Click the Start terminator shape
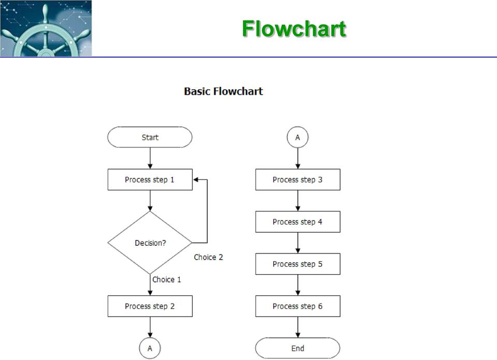click(150, 137)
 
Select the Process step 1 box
click(150, 179)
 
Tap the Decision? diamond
click(150, 243)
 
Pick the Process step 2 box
click(150, 306)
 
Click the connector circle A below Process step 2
click(150, 348)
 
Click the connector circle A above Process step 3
click(298, 137)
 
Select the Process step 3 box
click(298, 179)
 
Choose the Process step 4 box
click(298, 221)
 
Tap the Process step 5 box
click(298, 264)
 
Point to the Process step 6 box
click(298, 306)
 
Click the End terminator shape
click(298, 348)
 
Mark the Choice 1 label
click(167, 280)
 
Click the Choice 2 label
click(209, 257)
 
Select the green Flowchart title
click(294, 29)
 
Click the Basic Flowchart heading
click(224, 91)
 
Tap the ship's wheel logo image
click(46, 28)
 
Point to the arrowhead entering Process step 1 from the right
click(195, 179)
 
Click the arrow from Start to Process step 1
click(150, 158)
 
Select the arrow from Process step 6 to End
click(298, 327)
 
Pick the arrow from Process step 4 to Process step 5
click(298, 243)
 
